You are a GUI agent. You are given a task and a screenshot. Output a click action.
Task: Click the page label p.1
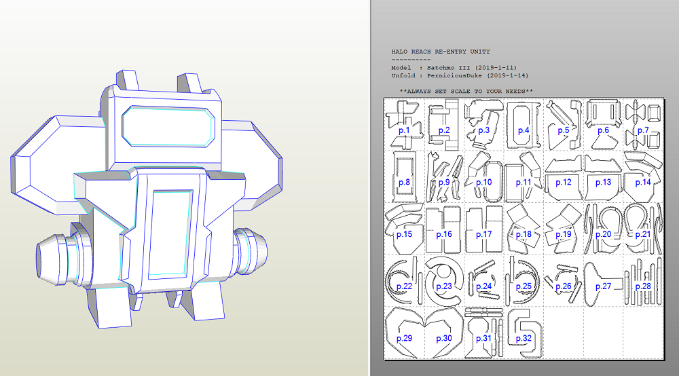pos(404,130)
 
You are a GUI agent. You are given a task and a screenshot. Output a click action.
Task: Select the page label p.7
pos(643,130)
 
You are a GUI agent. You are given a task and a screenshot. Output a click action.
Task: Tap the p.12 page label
pos(564,182)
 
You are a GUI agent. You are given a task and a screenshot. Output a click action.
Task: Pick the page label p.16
pos(444,234)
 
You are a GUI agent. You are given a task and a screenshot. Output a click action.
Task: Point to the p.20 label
pos(603,234)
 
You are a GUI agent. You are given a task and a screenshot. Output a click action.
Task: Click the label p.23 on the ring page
pos(444,286)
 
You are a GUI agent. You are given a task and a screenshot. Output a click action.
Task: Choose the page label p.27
pos(603,286)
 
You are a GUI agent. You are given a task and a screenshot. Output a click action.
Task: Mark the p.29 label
pos(404,338)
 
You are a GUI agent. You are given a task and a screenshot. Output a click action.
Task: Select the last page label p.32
pos(524,338)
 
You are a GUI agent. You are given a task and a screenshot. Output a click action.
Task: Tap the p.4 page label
pos(524,130)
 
